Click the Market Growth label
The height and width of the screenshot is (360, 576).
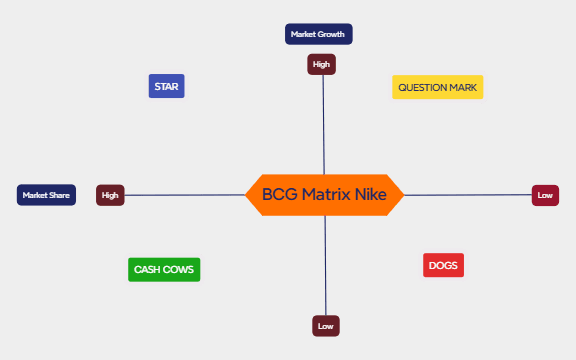point(318,34)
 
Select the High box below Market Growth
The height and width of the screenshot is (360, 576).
point(321,65)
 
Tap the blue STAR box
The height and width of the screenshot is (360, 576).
point(166,86)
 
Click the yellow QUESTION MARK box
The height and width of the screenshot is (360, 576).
point(437,87)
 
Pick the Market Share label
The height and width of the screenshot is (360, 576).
point(46,195)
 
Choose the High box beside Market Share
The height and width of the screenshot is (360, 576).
point(110,195)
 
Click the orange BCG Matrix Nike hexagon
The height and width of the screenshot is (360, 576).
point(324,195)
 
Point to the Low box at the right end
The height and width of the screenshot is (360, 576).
point(545,195)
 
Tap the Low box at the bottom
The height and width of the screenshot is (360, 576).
point(325,326)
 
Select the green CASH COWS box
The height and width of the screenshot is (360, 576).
point(165,270)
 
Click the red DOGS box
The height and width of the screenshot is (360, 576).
point(443,265)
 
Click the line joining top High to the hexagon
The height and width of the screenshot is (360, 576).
point(323,125)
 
